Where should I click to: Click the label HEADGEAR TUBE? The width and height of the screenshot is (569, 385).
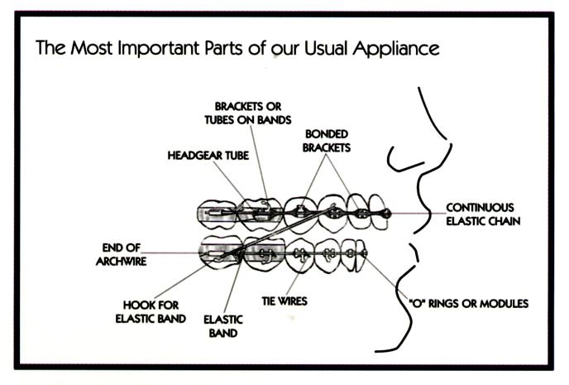pos(203,155)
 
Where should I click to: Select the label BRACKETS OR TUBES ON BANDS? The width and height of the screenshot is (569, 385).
pos(252,113)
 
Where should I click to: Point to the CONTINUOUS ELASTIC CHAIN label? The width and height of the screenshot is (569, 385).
pos(480,214)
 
